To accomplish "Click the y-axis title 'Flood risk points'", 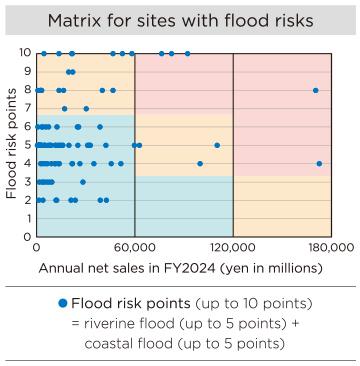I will click(x=11, y=144).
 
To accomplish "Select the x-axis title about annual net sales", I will click(x=181, y=268).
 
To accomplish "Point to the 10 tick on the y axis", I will click(x=25, y=52).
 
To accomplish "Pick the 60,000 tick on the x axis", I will click(x=135, y=246).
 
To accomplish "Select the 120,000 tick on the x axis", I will click(x=232, y=246).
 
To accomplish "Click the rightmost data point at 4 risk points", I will click(x=319, y=163).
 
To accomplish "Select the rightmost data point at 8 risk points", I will click(x=315, y=90).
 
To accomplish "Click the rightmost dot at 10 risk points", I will click(x=187, y=53).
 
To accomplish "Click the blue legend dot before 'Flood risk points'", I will click(x=62, y=303).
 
